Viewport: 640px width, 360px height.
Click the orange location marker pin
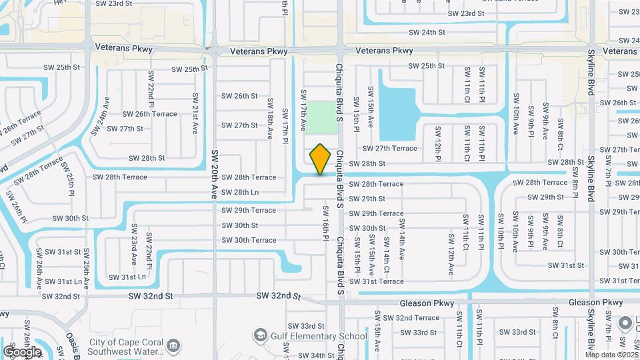[x=320, y=159]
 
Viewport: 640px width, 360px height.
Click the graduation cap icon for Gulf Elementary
[x=259, y=334]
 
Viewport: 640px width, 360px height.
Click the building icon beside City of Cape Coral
[x=174, y=345]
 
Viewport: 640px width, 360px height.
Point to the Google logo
[x=22, y=351]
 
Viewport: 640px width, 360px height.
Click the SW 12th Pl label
[x=438, y=143]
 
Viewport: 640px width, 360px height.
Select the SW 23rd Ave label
[x=133, y=249]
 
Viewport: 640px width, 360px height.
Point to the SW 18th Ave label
[x=270, y=119]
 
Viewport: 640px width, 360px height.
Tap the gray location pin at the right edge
[x=625, y=323]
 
